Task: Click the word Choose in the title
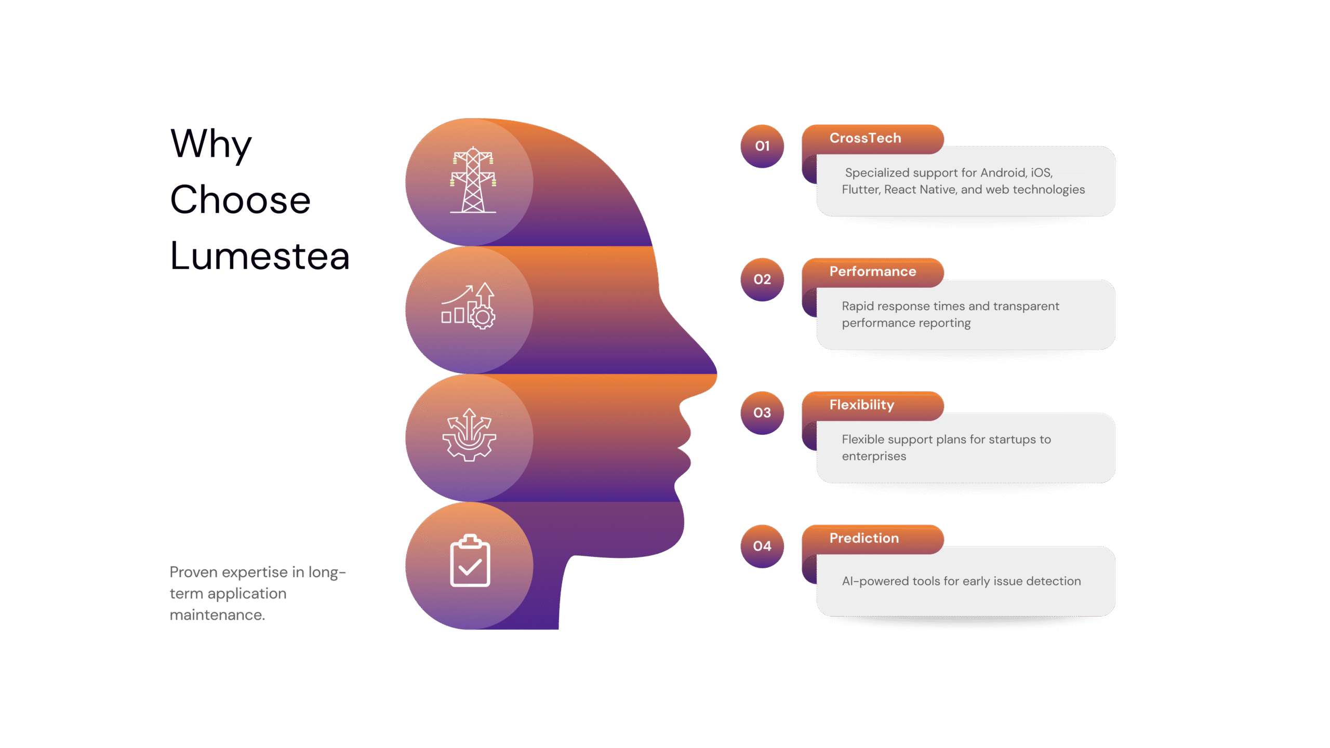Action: click(240, 200)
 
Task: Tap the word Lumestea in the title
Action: click(260, 256)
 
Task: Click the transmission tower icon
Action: click(472, 180)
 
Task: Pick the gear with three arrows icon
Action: click(469, 435)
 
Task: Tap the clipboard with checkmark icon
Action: click(470, 561)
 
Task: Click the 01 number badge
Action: click(762, 146)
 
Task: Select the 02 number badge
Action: click(762, 279)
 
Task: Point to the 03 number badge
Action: click(762, 413)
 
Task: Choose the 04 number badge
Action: click(762, 546)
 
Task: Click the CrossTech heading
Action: click(865, 138)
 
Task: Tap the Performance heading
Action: click(872, 272)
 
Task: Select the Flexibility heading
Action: click(861, 405)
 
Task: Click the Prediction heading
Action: click(864, 538)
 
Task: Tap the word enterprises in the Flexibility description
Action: click(874, 457)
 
